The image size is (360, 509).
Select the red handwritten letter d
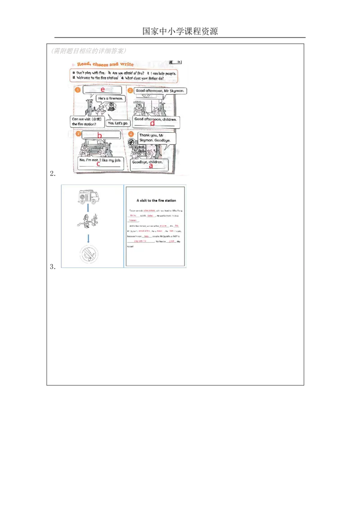152,123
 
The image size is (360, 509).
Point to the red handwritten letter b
100,135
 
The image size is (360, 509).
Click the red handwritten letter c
98,164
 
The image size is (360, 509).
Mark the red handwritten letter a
151,165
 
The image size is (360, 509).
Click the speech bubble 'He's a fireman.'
111,98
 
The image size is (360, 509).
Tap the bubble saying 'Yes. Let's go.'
118,122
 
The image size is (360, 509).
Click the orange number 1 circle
77,90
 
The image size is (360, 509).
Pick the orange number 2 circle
130,91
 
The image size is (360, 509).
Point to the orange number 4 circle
131,134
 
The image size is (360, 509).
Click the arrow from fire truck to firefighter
87,208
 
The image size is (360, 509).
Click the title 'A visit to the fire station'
156,201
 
